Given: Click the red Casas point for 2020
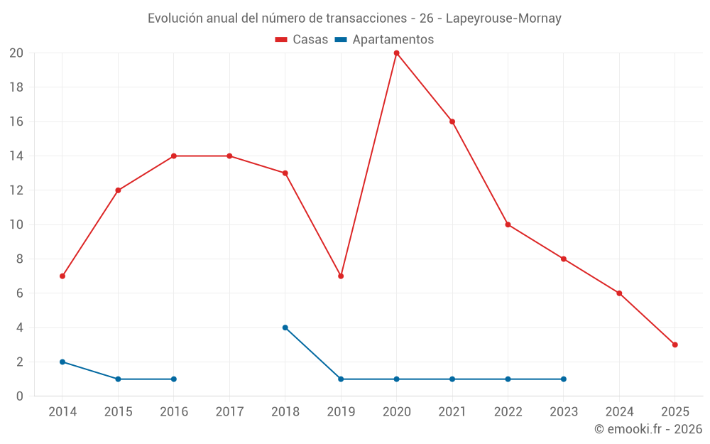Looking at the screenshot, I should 396,53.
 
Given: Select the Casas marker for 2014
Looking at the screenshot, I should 62,276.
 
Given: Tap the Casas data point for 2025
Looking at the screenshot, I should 674,345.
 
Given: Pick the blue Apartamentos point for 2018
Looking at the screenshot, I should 285,327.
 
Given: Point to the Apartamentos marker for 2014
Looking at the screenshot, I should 62,362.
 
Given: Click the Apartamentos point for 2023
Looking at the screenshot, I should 563,379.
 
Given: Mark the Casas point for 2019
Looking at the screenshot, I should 341,276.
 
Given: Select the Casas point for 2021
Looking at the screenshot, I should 452,121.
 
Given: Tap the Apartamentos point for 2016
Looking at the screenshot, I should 174,379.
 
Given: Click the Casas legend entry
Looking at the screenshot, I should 302,40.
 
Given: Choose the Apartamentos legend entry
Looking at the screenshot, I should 384,40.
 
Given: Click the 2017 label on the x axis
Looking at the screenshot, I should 229,411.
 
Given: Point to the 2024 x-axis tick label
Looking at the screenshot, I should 619,411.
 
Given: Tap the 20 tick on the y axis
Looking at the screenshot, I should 16,53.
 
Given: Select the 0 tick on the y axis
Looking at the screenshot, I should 20,396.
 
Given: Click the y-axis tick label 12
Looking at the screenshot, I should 16,190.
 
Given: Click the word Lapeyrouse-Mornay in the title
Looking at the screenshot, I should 503,18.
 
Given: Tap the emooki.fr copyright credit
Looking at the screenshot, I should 648,429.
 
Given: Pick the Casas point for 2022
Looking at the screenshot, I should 508,224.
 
